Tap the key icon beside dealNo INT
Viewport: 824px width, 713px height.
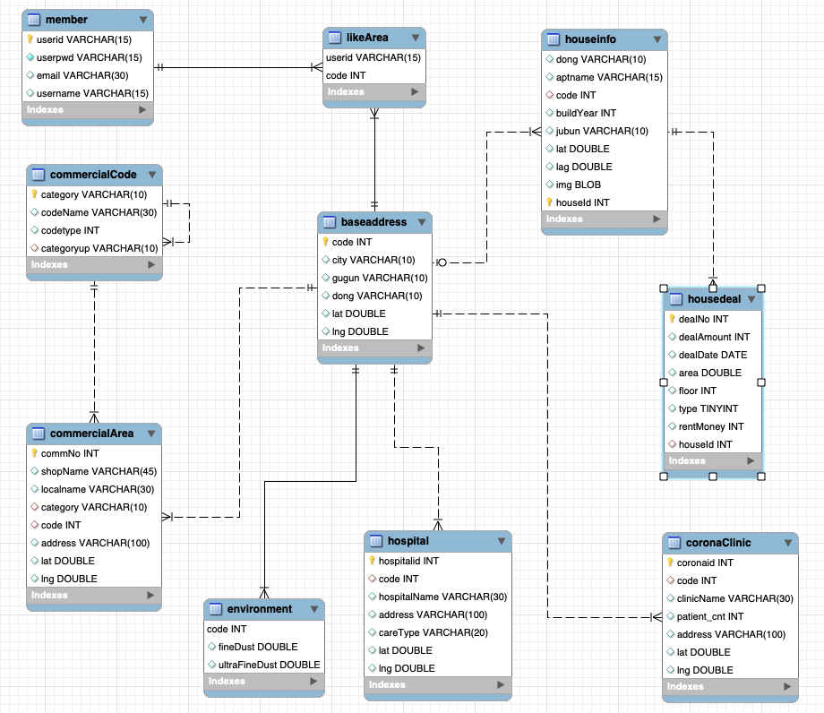(x=672, y=319)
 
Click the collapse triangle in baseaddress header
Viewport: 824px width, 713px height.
(x=420, y=222)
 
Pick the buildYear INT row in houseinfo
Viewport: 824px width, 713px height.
(x=586, y=113)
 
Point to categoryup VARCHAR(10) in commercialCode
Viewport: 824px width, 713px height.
(x=99, y=247)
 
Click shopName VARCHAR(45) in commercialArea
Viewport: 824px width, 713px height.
(x=99, y=471)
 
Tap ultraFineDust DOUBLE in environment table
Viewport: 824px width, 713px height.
(x=269, y=665)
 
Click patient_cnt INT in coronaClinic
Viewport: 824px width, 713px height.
(x=710, y=616)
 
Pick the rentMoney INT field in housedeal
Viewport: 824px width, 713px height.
(x=711, y=426)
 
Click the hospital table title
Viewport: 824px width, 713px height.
(x=408, y=541)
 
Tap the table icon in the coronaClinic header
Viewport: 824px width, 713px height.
(x=675, y=543)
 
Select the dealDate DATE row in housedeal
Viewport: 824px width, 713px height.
(x=712, y=355)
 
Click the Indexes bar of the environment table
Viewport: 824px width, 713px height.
(x=263, y=682)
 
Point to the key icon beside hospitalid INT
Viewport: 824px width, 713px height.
(x=373, y=561)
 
